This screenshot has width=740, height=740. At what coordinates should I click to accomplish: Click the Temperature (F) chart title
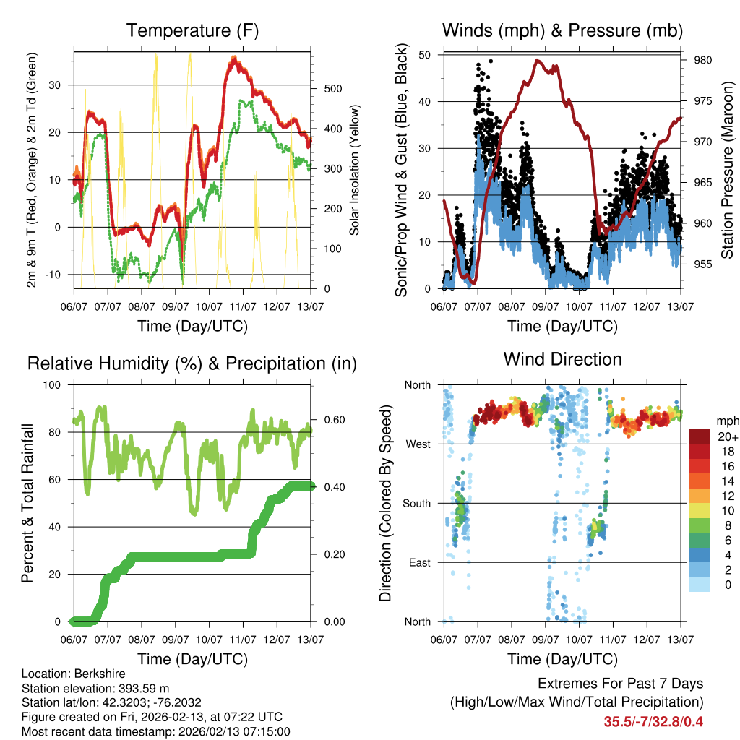coord(192,31)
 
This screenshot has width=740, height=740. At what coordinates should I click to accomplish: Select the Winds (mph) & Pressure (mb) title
coord(562,31)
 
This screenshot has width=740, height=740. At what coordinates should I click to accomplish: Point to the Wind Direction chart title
coord(562,359)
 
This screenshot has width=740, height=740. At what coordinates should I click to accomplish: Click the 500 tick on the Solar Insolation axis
coord(332,89)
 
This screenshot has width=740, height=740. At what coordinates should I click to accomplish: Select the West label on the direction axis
coord(418,444)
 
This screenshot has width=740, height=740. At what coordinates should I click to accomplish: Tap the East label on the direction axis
coord(420,562)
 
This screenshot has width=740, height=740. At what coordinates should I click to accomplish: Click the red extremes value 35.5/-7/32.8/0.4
coord(653,722)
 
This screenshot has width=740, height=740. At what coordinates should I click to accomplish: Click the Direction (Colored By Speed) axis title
coord(385,503)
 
